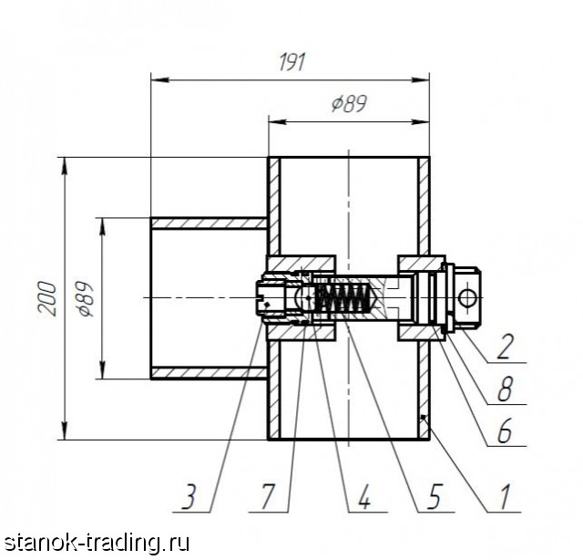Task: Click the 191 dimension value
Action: [x=291, y=62]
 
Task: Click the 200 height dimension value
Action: [x=48, y=299]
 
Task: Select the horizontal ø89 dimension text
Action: [x=349, y=103]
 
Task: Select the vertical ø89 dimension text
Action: [x=84, y=299]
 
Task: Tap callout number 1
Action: [x=504, y=497]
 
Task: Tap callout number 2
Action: [x=505, y=347]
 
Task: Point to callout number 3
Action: [x=189, y=497]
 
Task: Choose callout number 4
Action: [x=364, y=497]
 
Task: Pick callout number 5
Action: [x=434, y=497]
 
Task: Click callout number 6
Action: [x=505, y=430]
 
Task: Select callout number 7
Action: [x=268, y=497]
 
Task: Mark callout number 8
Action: [x=505, y=389]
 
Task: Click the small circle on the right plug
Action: [x=467, y=298]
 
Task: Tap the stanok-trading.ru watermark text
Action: [x=97, y=543]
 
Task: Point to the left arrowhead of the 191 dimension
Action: [x=160, y=79]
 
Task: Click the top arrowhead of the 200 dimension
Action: [x=65, y=166]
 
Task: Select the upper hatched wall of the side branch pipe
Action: [x=209, y=223]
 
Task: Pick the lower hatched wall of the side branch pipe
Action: [x=209, y=373]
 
